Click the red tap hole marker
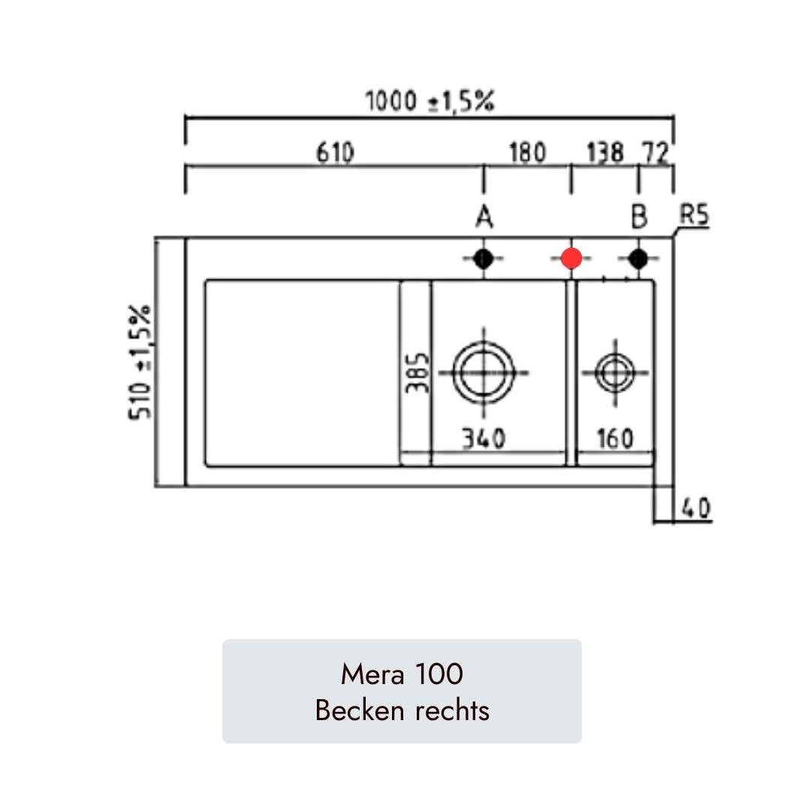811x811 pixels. tap(571, 258)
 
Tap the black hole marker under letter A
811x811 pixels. tap(484, 258)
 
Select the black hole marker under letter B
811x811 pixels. tap(638, 258)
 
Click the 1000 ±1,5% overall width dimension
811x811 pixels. tap(430, 101)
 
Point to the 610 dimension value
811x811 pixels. tap(335, 152)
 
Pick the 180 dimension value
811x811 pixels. tap(528, 152)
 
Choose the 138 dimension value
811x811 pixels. tap(605, 152)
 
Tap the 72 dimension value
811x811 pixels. tap(656, 152)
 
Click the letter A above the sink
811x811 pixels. tap(484, 217)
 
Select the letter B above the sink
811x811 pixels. tap(639, 217)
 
